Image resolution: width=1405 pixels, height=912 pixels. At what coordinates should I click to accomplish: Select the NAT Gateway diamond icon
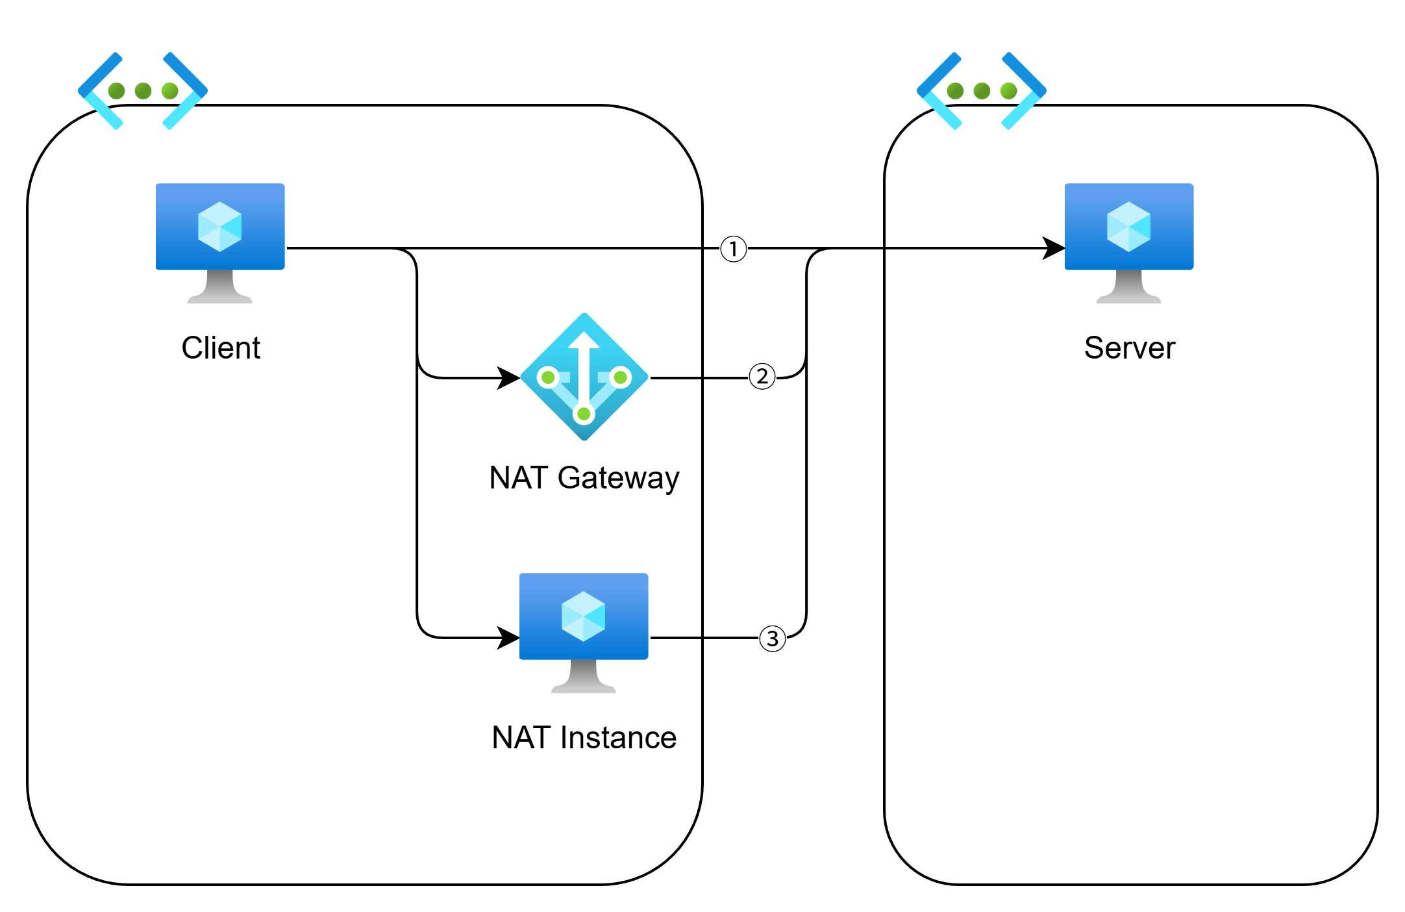[584, 377]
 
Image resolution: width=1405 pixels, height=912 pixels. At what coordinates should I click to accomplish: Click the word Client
[221, 348]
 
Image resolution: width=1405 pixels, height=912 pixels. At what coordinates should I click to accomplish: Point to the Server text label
[1130, 348]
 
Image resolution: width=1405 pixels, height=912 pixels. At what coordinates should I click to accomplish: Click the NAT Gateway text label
[584, 478]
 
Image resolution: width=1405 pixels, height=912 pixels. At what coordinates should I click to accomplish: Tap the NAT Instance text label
[584, 738]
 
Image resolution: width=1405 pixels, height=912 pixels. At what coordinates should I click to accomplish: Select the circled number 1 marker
[734, 250]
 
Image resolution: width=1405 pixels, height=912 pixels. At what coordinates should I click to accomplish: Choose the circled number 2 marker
[762, 377]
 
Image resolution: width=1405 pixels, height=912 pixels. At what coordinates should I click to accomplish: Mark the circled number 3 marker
[773, 640]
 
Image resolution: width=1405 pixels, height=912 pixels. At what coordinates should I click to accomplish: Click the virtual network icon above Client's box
[143, 90]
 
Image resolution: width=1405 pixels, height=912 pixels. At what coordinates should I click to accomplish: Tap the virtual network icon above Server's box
[982, 90]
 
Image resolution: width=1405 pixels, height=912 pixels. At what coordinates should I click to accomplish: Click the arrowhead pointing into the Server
[1053, 248]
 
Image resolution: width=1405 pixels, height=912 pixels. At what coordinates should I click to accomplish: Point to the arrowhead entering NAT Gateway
[508, 377]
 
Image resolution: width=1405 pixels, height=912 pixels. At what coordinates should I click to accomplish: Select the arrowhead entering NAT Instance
[508, 638]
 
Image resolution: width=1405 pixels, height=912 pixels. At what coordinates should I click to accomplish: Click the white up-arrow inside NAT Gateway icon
[584, 364]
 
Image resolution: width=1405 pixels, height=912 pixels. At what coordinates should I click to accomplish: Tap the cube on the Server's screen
[1129, 227]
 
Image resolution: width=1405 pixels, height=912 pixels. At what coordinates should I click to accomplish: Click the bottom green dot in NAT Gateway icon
[584, 414]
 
